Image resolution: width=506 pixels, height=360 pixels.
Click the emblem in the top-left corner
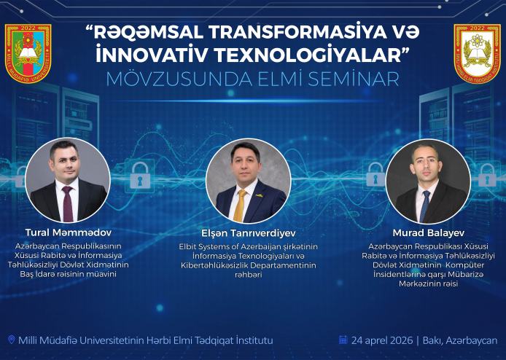pyautogui.click(x=28, y=53)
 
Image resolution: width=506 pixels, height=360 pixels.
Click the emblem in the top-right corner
pyautogui.click(x=478, y=53)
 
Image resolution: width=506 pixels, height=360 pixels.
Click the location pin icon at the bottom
pyautogui.click(x=11, y=340)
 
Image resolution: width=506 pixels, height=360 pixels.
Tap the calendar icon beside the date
pyautogui.click(x=343, y=340)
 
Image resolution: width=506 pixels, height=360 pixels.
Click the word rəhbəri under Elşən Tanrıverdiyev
pyautogui.click(x=248, y=274)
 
